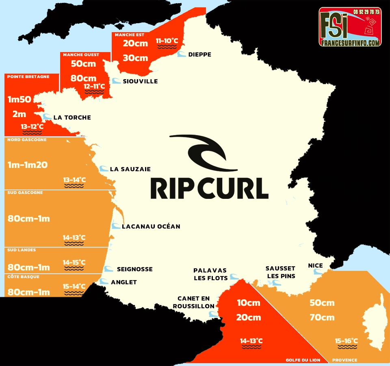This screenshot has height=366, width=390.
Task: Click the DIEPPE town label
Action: click(199, 54)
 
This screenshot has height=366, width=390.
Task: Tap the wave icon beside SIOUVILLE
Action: click(116, 81)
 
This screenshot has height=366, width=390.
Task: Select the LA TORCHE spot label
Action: click(72, 118)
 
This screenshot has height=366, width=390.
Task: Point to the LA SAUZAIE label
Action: click(130, 169)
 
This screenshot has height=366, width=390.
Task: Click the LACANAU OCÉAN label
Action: click(151, 226)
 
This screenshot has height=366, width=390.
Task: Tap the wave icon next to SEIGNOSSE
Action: click(108, 269)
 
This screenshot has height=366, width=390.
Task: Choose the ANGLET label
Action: click(124, 282)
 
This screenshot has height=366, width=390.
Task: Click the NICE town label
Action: click(315, 266)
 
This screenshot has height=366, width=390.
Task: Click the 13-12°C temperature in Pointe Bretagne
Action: click(32, 126)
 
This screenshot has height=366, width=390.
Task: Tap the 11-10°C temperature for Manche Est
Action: click(167, 41)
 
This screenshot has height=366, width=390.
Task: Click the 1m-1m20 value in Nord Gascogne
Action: click(28, 165)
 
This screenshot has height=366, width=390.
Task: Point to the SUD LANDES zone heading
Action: click(22, 250)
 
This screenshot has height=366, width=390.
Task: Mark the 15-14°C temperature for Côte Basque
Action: click(74, 286)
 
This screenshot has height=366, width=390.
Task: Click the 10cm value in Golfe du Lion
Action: click(248, 303)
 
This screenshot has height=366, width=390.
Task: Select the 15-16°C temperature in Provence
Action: click(346, 341)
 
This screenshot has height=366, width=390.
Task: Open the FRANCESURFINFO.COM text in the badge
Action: click(350, 42)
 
